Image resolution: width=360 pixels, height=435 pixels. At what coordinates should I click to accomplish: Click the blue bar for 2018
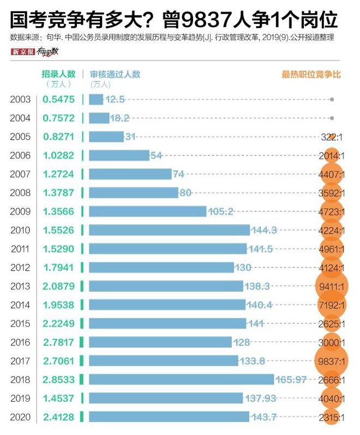click(x=181, y=379)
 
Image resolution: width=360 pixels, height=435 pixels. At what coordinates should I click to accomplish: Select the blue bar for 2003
click(x=95, y=99)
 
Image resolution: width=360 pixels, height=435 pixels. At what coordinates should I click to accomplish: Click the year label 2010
click(x=20, y=230)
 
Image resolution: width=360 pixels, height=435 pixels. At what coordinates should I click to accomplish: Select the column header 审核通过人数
click(x=115, y=74)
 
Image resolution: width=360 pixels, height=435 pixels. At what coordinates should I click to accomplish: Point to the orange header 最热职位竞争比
click(x=311, y=74)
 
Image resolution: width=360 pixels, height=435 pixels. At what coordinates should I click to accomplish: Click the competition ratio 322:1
click(x=332, y=137)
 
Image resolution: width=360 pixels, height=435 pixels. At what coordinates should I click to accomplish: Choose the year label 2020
click(x=20, y=417)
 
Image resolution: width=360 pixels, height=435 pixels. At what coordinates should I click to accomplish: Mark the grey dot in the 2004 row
click(x=332, y=118)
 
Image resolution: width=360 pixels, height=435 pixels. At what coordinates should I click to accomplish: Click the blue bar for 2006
click(x=119, y=156)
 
